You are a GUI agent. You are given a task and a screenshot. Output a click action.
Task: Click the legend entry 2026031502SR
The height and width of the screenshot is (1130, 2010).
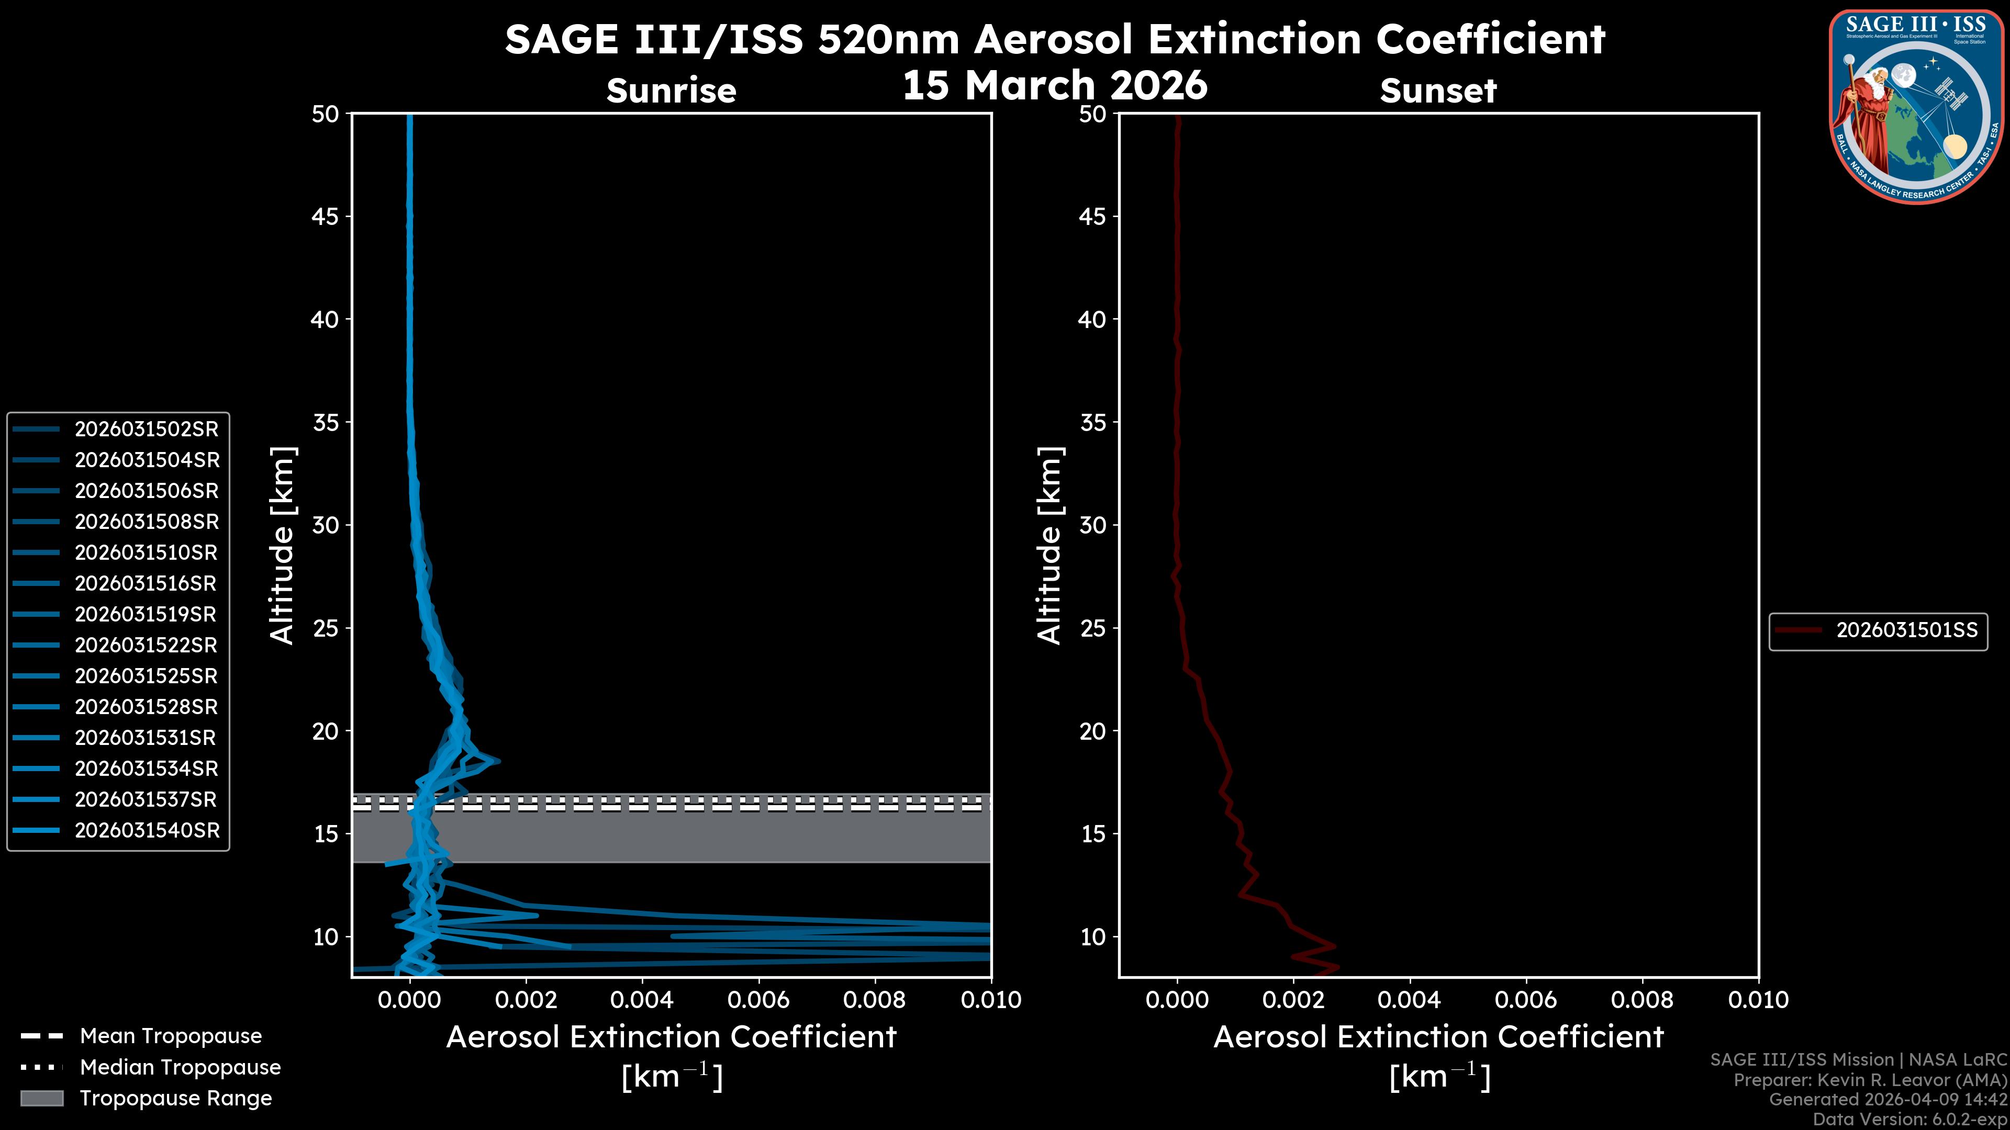click(x=147, y=429)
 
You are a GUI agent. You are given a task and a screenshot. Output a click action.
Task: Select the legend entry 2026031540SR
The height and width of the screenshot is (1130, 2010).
click(x=147, y=831)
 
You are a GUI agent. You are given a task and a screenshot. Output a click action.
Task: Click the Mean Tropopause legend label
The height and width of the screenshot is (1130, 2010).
click(x=171, y=1036)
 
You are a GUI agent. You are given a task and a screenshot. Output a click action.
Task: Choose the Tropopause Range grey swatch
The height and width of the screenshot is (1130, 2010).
click(x=42, y=1098)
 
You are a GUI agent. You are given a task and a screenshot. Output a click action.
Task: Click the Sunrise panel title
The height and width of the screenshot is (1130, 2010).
click(x=671, y=91)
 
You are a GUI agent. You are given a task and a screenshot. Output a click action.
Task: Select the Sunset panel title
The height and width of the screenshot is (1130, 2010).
click(x=1438, y=91)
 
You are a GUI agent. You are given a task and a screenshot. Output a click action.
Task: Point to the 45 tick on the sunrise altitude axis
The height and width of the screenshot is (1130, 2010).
click(x=326, y=216)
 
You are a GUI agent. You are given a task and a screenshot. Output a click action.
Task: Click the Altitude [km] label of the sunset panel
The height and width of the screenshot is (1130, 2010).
click(x=1049, y=546)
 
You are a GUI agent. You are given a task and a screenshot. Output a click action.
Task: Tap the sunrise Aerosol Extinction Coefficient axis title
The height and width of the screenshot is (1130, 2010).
click(x=671, y=1037)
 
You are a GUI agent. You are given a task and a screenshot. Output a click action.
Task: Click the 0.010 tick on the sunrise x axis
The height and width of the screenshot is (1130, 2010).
click(x=990, y=1000)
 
